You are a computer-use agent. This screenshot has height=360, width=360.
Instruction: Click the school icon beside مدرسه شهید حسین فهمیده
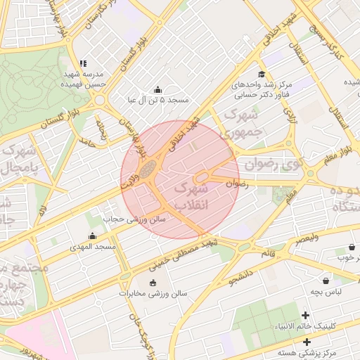click(x=83, y=63)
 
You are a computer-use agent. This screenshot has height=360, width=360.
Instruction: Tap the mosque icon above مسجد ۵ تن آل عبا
click(x=157, y=90)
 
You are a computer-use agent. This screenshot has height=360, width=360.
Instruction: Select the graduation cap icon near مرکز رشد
click(x=261, y=74)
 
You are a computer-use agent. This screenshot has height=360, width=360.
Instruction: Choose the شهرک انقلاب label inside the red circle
click(x=191, y=198)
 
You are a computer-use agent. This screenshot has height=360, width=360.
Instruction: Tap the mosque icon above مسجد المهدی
click(x=92, y=236)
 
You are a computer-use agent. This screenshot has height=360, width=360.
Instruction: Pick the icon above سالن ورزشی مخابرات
click(x=153, y=283)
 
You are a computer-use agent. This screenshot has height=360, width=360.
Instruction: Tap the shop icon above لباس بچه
click(x=326, y=280)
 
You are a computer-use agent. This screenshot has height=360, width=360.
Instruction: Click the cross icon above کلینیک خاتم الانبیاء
click(x=305, y=315)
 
